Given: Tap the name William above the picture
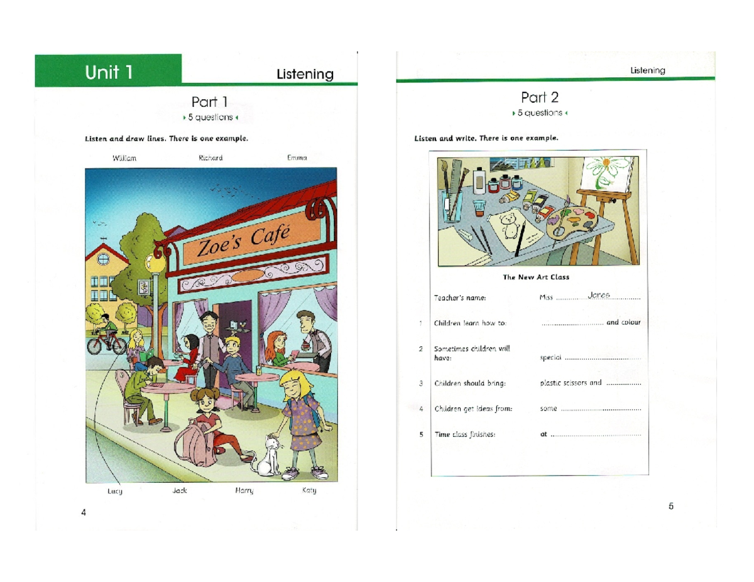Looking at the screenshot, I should [x=124, y=158].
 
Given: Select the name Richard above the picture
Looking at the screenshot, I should [x=210, y=158].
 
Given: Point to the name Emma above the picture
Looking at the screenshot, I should [x=297, y=158].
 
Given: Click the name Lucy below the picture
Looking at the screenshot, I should [x=114, y=490].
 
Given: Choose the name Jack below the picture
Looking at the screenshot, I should [x=180, y=490].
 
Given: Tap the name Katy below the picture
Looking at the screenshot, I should [x=309, y=490].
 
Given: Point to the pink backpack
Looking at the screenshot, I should [x=191, y=443].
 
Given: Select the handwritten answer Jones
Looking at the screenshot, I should [x=599, y=295].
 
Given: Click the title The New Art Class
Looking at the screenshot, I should [x=535, y=276].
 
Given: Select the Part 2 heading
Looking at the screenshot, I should [x=539, y=97].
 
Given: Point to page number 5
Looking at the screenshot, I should [x=671, y=506].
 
